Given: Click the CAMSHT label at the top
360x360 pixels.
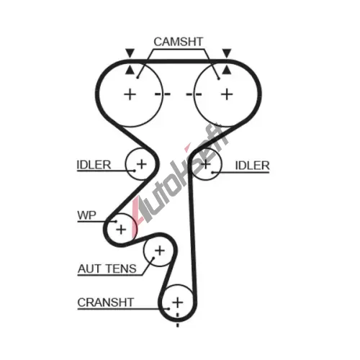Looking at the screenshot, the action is pos(179,42).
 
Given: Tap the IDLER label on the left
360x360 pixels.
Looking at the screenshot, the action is pos(94,165).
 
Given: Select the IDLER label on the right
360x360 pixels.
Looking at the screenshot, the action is pos(252,166).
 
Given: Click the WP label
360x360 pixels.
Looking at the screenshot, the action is pos(86,215).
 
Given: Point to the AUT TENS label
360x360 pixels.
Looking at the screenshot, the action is pos(107,269).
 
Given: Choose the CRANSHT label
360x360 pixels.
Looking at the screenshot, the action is pos(105,302).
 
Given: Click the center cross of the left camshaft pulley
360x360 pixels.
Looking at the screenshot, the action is pos(130,94).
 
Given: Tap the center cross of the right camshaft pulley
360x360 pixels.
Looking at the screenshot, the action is pos(227,94).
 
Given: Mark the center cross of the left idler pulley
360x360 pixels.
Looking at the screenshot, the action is pos(141,164).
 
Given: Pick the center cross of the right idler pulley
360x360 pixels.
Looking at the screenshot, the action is pos(206,164).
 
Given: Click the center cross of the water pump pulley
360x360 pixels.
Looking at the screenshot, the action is pos(121,230).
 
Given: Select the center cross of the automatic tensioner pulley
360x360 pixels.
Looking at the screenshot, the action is pos(160,251).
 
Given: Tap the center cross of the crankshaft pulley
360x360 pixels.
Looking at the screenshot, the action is pos(178,302).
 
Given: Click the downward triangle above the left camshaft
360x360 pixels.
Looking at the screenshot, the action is pos(130,53).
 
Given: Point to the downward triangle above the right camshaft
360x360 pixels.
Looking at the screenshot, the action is pos(227,53).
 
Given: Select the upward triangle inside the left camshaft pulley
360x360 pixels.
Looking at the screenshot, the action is pos(130,70).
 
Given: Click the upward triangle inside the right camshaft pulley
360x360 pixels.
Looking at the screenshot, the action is pos(227,70).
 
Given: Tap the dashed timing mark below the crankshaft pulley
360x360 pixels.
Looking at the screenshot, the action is pos(178,320).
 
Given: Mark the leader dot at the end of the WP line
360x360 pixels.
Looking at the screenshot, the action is pos(116,222).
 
